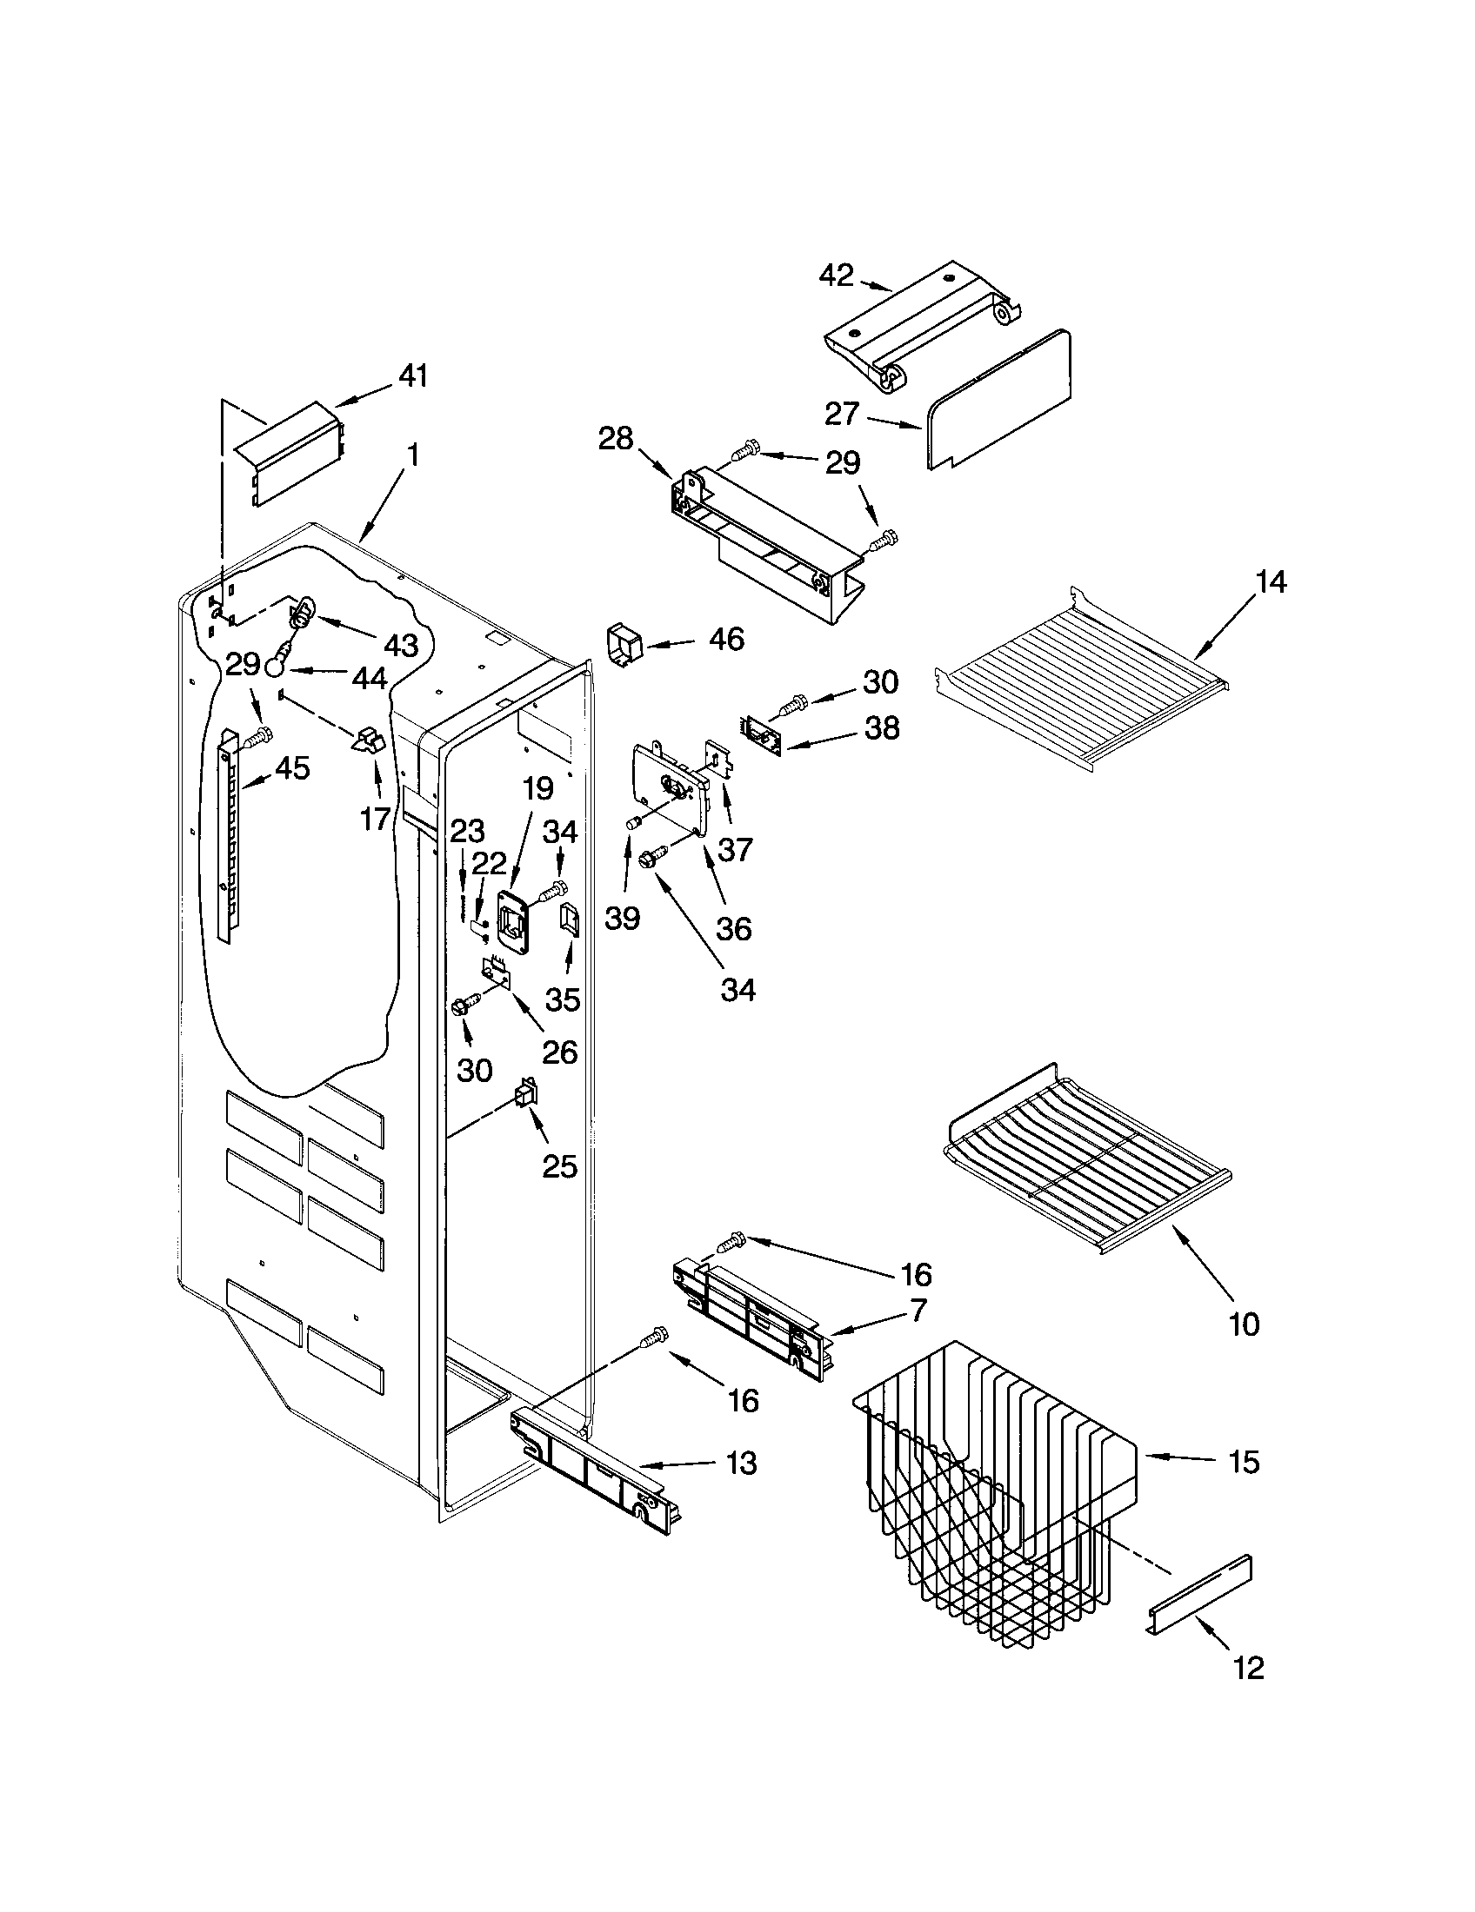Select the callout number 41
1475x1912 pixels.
pos(412,376)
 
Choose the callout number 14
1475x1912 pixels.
pos(1271,581)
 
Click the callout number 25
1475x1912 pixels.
pos(560,1166)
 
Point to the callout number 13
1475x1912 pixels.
pos(742,1463)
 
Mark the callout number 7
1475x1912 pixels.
pos(916,1335)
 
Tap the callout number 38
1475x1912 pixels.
pos(881,727)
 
